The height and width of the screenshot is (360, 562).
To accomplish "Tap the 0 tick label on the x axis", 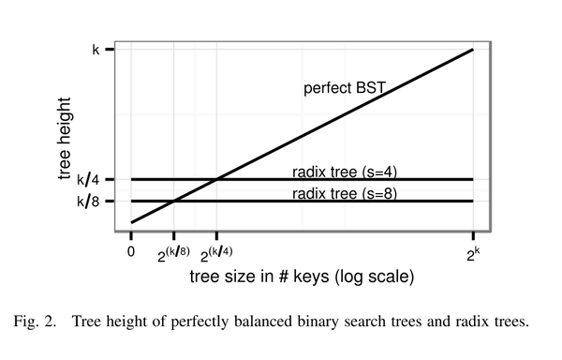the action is point(131,251).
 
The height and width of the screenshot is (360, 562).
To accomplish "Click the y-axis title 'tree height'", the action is point(65,136).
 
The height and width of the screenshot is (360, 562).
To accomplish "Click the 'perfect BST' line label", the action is point(345,89).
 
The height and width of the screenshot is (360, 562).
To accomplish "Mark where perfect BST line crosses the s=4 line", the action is point(217,178).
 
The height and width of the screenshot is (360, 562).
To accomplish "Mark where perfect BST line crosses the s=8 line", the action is point(174,201).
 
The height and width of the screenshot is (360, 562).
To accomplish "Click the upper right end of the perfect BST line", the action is point(473,49).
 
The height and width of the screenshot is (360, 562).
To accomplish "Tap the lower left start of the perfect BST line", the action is point(131,222).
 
